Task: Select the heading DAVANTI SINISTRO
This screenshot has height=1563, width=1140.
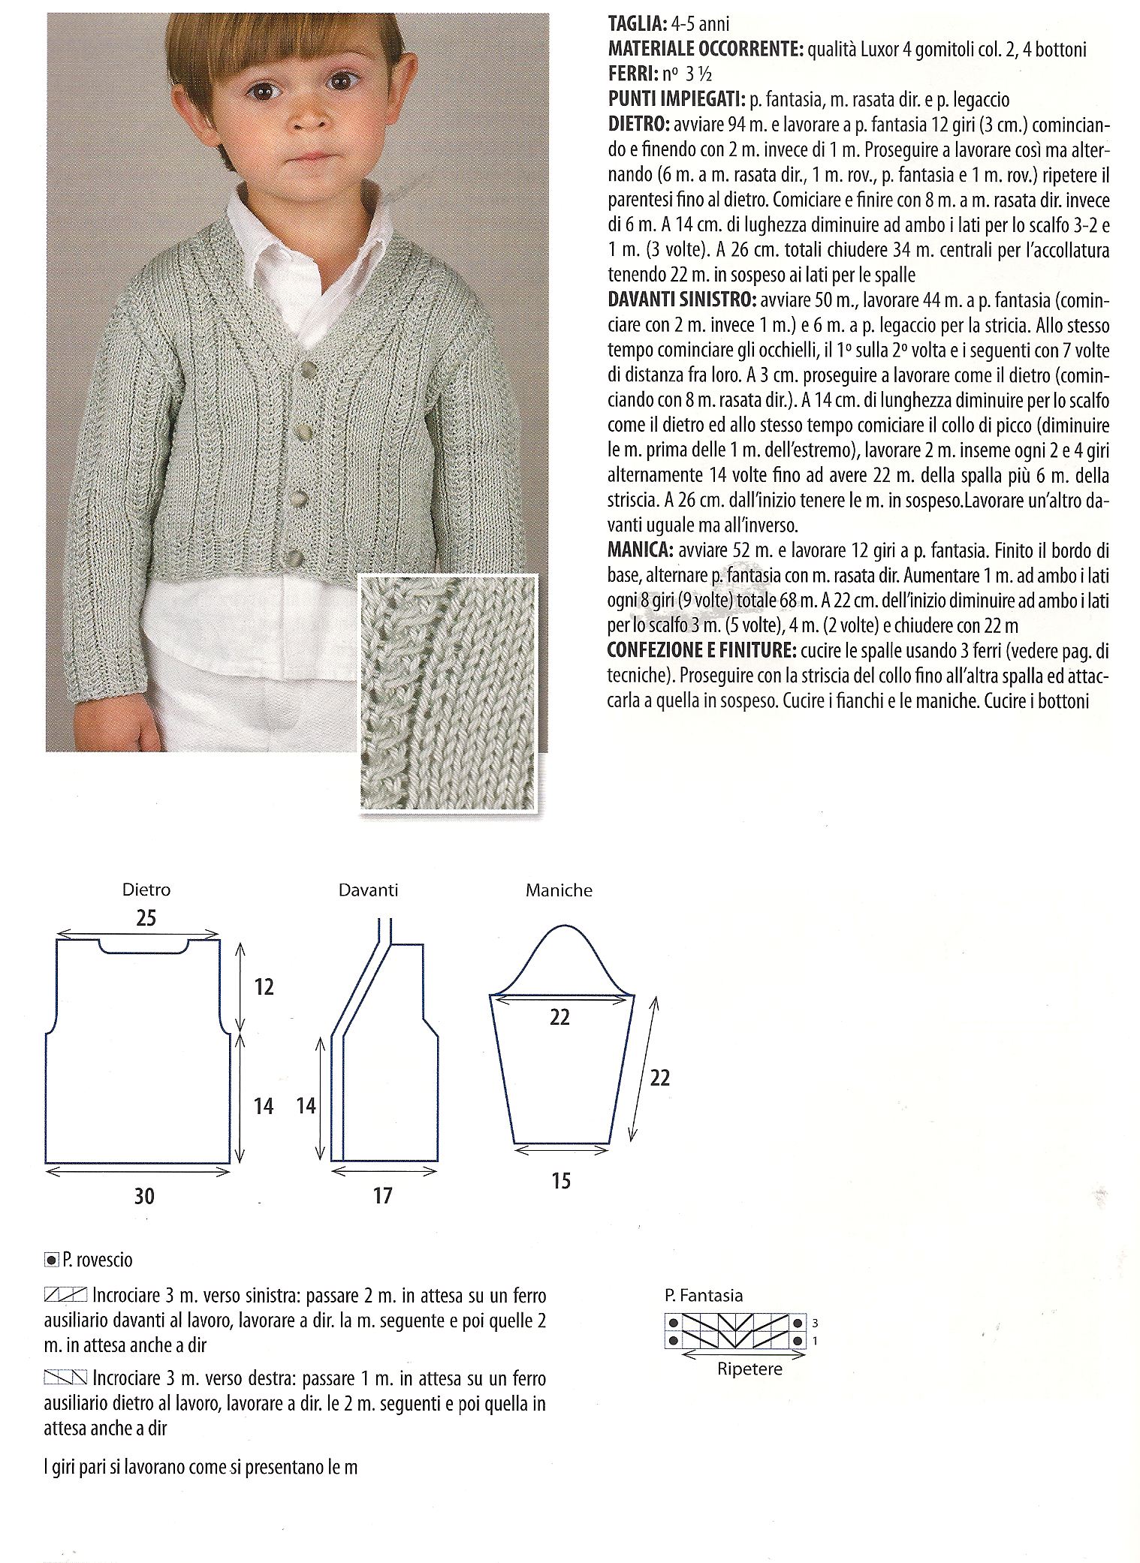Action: pyautogui.click(x=680, y=300)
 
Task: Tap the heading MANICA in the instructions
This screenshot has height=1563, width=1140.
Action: pyautogui.click(x=639, y=551)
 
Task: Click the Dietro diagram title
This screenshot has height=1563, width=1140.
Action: pyautogui.click(x=146, y=890)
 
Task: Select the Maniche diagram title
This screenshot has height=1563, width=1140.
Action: pyautogui.click(x=559, y=891)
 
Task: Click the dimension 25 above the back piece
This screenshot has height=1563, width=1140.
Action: pyautogui.click(x=146, y=918)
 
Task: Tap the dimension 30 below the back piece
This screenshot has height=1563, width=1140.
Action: pyautogui.click(x=143, y=1195)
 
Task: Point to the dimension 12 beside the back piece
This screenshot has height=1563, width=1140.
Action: pyautogui.click(x=264, y=986)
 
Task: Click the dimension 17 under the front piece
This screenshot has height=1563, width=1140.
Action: pyautogui.click(x=382, y=1195)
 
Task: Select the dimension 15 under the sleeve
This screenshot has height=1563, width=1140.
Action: pyautogui.click(x=561, y=1181)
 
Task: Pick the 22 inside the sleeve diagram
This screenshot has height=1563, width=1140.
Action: pyautogui.click(x=559, y=1017)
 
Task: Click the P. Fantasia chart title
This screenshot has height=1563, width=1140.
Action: pyautogui.click(x=703, y=1296)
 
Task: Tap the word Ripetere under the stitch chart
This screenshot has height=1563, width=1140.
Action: pyautogui.click(x=749, y=1369)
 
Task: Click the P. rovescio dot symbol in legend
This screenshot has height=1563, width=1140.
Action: pyautogui.click(x=51, y=1260)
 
